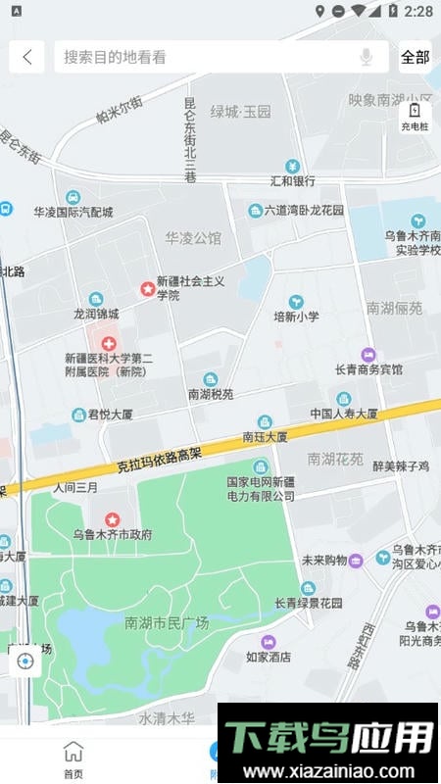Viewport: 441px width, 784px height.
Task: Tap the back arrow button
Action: pos(26,57)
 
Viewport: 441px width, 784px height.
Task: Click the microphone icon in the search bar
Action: pos(367,57)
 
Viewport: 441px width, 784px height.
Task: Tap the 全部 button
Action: pos(416,57)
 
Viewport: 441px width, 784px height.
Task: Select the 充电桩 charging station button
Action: pos(415,118)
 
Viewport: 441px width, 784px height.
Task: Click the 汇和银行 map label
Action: pos(292,180)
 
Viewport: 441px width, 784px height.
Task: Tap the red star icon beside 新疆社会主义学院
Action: pos(147,288)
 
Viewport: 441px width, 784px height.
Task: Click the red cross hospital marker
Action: pos(108,344)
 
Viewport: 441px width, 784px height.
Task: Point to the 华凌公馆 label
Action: pos(193,237)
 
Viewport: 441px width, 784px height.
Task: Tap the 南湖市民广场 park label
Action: pos(167,622)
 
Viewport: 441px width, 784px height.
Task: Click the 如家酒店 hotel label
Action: pos(268,657)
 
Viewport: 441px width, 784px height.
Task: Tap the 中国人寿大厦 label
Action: pos(344,413)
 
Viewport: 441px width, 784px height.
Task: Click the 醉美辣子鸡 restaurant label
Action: pos(401,466)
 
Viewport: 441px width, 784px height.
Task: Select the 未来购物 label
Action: pos(324,561)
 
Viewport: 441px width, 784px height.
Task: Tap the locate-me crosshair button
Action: pos(25,661)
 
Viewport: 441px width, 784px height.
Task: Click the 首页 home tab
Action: pos(73,759)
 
